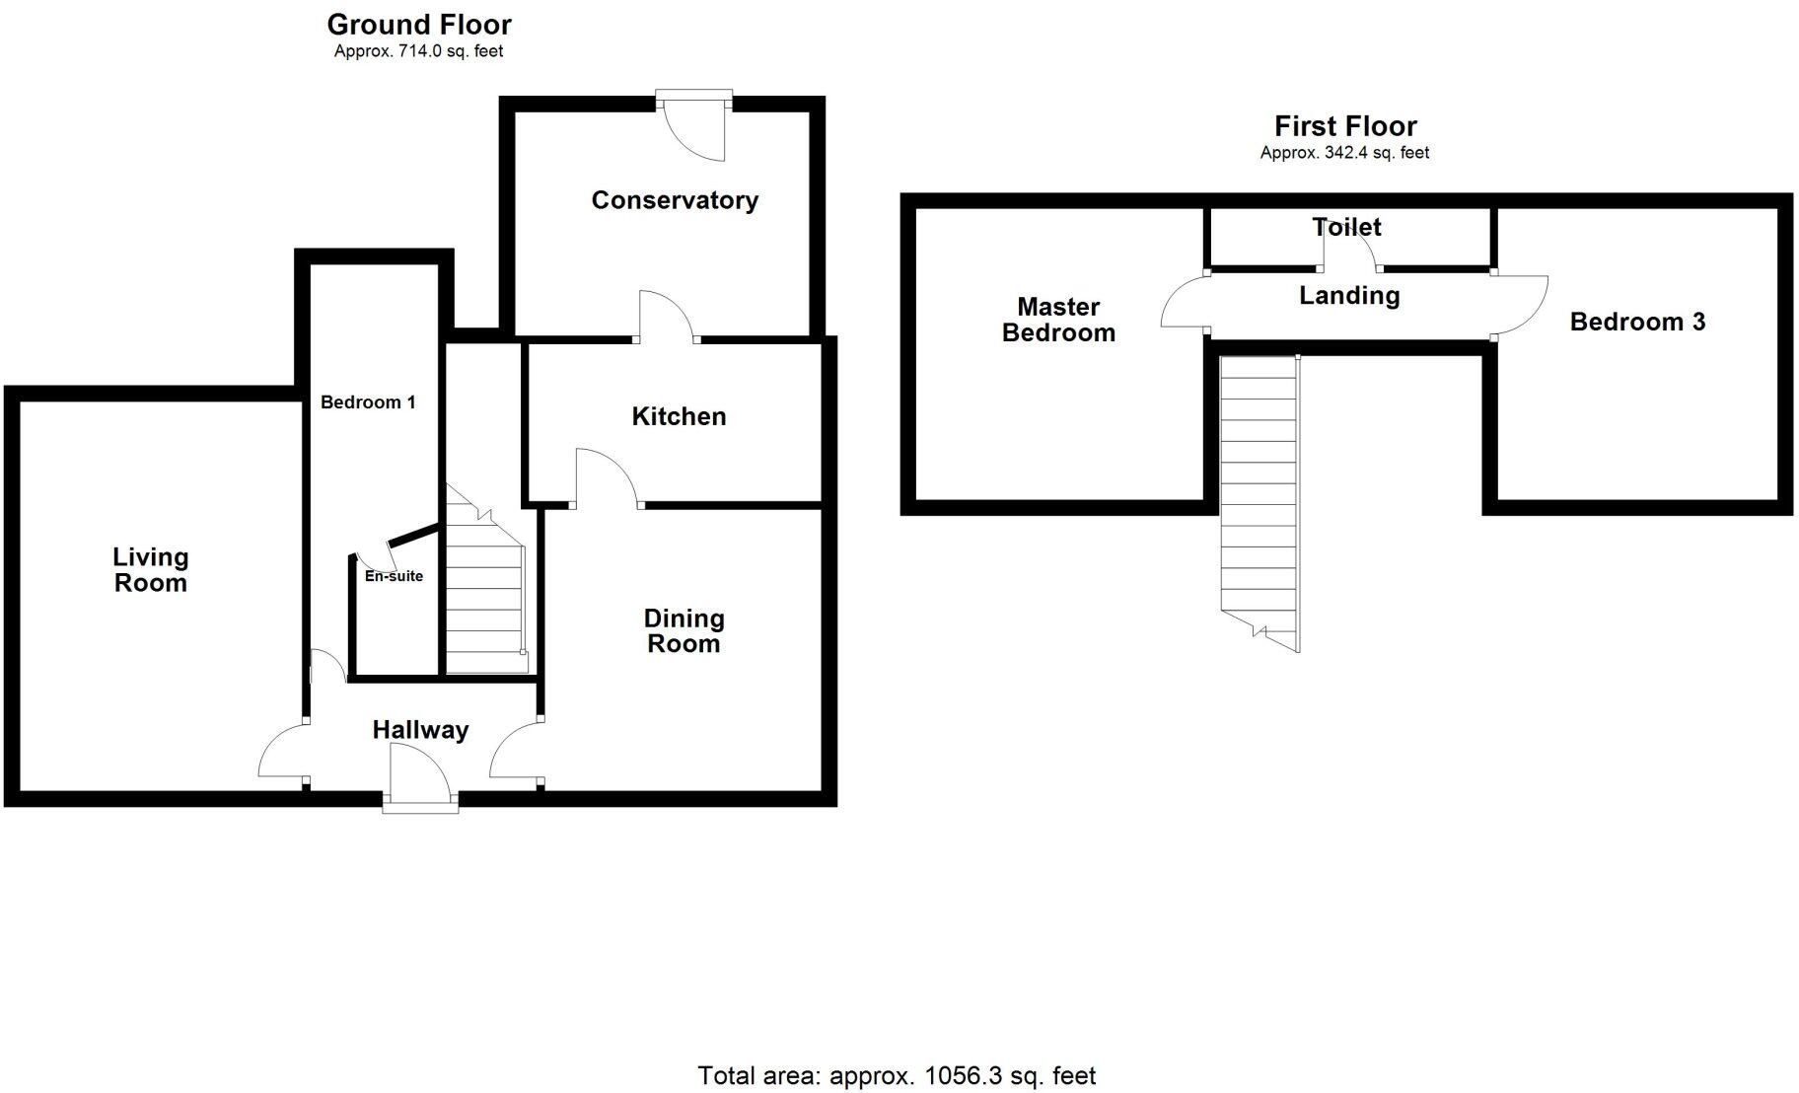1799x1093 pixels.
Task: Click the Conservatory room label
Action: [675, 200]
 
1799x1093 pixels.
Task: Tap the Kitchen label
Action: [679, 416]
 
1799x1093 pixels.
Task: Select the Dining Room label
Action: [684, 631]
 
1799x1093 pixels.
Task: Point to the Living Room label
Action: [150, 570]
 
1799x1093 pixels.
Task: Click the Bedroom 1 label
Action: [368, 402]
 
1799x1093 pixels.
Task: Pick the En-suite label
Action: [394, 576]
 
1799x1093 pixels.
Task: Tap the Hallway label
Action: [420, 730]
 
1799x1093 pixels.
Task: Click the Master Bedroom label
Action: [1058, 320]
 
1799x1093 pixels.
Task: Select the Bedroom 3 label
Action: [1637, 322]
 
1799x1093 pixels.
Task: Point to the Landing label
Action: [1348, 295]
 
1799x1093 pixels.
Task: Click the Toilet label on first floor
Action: [1346, 227]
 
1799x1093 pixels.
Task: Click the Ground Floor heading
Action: [419, 25]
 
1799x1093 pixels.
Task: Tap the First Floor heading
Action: [1345, 126]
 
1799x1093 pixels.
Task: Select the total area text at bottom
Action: [897, 1075]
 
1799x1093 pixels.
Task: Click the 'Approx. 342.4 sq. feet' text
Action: [1344, 153]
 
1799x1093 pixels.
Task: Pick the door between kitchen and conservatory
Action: [666, 318]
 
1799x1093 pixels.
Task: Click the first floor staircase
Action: [1259, 493]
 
